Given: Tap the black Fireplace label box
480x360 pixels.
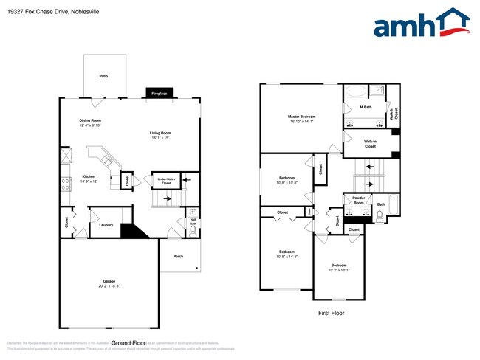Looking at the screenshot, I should tap(159, 94).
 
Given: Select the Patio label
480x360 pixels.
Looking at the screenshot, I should tap(104, 75).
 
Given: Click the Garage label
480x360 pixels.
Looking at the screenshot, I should tap(109, 283).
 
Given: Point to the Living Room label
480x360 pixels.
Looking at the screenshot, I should tap(160, 134).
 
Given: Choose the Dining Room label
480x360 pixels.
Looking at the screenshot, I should tap(90, 122).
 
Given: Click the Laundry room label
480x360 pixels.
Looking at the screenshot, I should tap(106, 224).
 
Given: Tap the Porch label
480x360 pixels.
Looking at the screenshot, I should tap(178, 256).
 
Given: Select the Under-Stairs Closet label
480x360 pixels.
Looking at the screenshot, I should tap(162, 181).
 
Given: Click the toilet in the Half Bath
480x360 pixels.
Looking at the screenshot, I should tap(193, 230).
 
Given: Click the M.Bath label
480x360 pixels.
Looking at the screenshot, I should tap(365, 108).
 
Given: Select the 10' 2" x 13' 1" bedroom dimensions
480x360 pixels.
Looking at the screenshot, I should tap(338, 270).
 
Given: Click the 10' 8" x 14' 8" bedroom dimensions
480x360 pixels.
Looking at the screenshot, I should tap(287, 256).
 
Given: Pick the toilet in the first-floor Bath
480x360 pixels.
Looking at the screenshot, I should tap(380, 216).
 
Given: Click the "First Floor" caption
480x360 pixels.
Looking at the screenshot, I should tap(331, 313).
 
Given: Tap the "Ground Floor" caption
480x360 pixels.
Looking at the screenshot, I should tap(127, 342).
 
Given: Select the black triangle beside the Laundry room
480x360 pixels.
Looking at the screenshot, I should tap(130, 231).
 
